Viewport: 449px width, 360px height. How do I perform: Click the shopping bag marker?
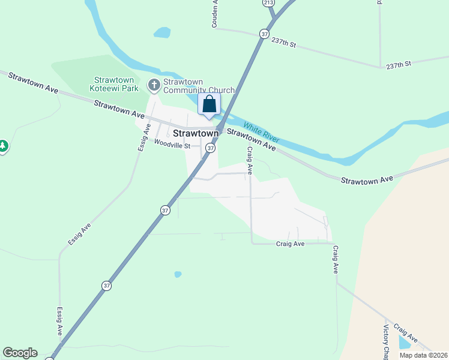(x=209, y=104)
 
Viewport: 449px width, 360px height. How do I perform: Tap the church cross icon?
(x=154, y=86)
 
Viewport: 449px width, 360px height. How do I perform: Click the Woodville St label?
(x=172, y=145)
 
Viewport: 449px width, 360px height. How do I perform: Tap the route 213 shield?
(x=268, y=3)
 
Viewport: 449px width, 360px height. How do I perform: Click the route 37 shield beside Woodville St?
(x=210, y=148)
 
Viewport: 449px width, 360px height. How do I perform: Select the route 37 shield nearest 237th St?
(x=264, y=34)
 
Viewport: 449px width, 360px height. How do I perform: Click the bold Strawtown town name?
(x=194, y=133)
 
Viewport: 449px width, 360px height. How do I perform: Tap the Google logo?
(x=20, y=353)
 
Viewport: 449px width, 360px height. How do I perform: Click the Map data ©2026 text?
(x=424, y=355)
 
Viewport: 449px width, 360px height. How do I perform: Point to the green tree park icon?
(x=3, y=146)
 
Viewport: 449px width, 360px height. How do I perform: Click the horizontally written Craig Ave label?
(x=291, y=244)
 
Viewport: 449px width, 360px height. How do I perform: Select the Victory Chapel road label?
(x=386, y=343)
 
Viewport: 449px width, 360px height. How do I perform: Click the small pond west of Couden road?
(x=162, y=32)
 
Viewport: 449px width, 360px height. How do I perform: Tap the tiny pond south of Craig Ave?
(x=178, y=274)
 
